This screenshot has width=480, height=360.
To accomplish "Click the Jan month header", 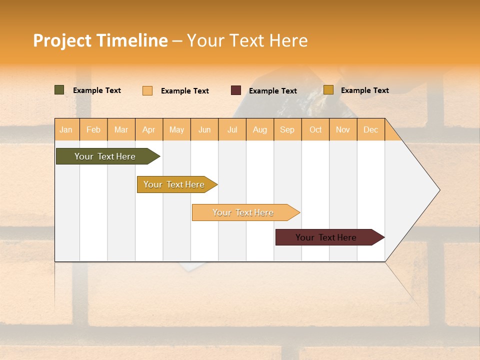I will tap(66, 129).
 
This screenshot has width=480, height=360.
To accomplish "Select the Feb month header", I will tap(93, 129).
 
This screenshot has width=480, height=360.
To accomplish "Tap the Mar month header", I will tap(121, 129).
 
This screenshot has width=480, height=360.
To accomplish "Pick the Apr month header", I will tap(149, 129).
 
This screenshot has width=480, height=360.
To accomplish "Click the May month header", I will tap(176, 129).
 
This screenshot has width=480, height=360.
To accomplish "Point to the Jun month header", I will tap(204, 129).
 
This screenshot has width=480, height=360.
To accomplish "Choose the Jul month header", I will tap(232, 129).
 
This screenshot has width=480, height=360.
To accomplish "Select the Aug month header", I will tap(260, 129).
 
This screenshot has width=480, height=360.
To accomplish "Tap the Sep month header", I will tap(287, 129).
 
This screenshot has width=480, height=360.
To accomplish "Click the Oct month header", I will tap(315, 129).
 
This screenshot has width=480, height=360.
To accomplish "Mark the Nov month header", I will tap(343, 129).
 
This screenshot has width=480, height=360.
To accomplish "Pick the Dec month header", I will tap(371, 129).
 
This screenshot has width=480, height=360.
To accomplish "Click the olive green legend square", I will tap(59, 90).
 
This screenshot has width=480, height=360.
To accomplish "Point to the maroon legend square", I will tap(236, 90).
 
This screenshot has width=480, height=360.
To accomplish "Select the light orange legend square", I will tap(147, 90).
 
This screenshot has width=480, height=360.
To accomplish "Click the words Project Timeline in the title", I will tap(100, 40).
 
